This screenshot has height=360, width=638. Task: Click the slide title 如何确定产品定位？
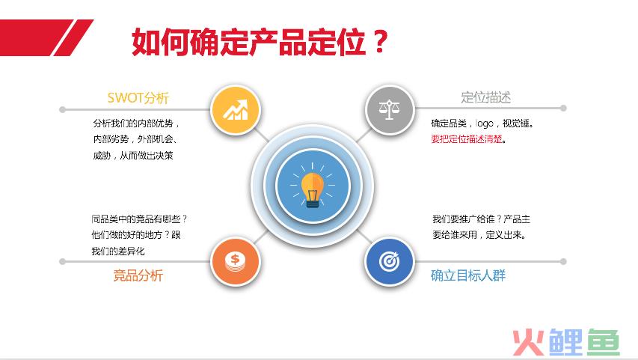click(x=260, y=42)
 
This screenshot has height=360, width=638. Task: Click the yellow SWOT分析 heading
click(x=138, y=98)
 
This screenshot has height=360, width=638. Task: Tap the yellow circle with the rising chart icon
click(x=235, y=109)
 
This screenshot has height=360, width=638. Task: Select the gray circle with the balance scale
click(x=390, y=109)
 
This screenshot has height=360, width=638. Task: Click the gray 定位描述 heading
click(x=486, y=98)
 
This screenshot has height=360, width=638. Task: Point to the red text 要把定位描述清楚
click(x=467, y=139)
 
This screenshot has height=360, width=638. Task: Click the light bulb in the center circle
click(x=313, y=188)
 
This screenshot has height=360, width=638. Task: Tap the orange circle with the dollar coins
click(x=235, y=261)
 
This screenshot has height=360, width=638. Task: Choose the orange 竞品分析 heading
click(x=138, y=275)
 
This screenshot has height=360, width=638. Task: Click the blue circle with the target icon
click(x=390, y=261)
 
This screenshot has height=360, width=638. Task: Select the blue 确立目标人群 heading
click(x=468, y=275)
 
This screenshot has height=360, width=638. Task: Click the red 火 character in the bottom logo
click(x=529, y=343)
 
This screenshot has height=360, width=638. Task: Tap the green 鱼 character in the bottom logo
click(x=603, y=343)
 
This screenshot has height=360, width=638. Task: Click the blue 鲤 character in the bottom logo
click(x=565, y=343)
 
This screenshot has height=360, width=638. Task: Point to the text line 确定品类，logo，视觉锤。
click(x=482, y=123)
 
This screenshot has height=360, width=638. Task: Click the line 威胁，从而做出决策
click(x=133, y=156)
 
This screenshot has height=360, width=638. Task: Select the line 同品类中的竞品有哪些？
click(x=139, y=219)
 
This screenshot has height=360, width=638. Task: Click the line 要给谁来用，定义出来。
click(x=479, y=235)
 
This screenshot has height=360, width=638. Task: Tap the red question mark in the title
click(x=380, y=42)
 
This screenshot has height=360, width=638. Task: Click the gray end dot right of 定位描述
click(x=563, y=108)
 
